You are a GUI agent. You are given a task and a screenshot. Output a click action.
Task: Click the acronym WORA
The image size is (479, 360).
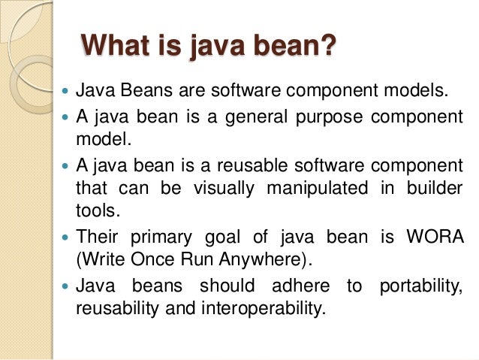tap(436, 237)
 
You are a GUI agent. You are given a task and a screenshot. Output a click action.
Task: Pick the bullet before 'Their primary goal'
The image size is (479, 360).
tap(63, 237)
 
